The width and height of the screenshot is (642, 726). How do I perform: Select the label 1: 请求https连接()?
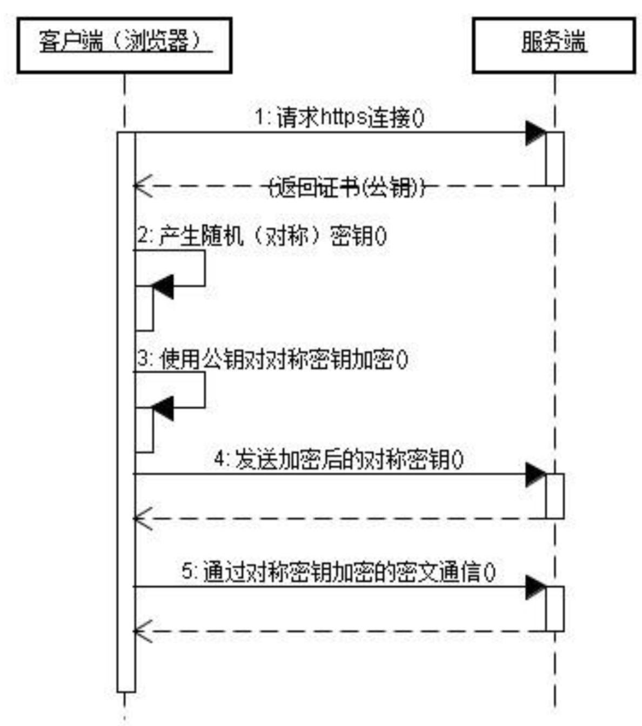[339, 118]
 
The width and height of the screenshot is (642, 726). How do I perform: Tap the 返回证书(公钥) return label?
[346, 187]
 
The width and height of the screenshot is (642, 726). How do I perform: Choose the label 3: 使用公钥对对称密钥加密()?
[273, 359]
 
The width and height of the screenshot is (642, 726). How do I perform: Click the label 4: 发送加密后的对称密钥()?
[339, 460]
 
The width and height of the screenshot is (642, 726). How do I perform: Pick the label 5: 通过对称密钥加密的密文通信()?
[339, 572]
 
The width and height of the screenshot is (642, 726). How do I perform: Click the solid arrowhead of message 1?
[536, 133]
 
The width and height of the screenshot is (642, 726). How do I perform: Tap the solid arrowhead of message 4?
[536, 474]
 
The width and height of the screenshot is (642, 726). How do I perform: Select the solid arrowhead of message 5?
[536, 587]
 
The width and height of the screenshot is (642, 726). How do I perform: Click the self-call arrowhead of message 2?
[163, 287]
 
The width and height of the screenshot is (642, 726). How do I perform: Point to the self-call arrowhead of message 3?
[163, 408]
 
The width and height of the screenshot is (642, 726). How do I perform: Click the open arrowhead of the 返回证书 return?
[143, 186]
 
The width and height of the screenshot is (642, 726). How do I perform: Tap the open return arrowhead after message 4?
[143, 518]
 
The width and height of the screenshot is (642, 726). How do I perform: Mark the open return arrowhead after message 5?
[143, 631]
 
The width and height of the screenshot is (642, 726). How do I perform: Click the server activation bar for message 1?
[555, 159]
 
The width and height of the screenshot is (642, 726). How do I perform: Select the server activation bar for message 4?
[555, 496]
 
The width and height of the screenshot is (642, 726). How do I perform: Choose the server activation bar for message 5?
[555, 609]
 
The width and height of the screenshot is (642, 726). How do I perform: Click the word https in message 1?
[344, 118]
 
